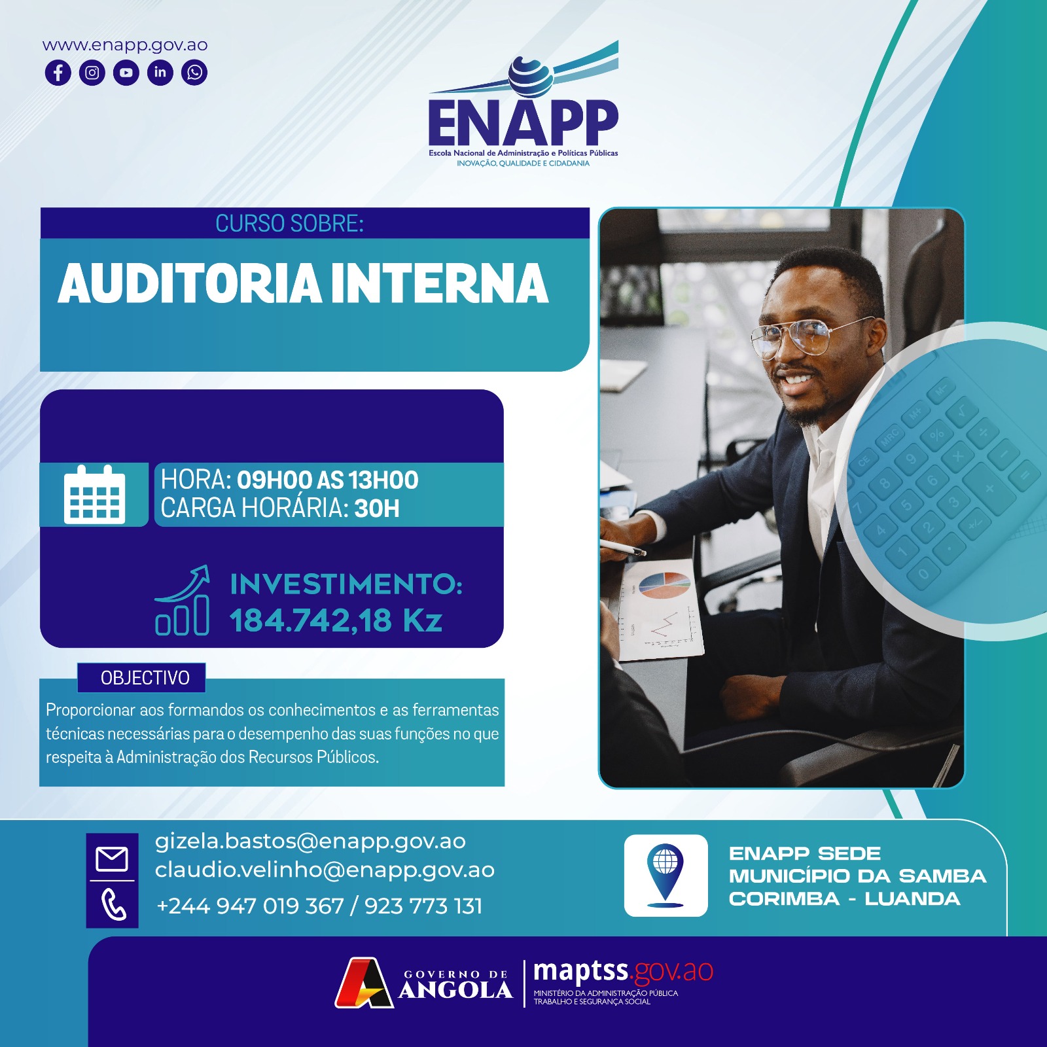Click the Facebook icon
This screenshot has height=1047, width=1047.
point(58,72)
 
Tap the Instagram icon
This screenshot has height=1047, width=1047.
point(92,72)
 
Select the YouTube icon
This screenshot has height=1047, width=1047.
point(126,72)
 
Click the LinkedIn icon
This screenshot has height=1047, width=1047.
point(160,72)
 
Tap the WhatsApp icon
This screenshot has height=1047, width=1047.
point(194,72)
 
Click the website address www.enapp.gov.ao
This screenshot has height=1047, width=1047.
point(125,45)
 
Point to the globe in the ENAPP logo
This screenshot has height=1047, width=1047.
point(531,73)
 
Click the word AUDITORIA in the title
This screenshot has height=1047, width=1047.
point(190,284)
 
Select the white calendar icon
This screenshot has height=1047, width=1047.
point(94,495)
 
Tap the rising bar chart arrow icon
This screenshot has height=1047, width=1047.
point(183,600)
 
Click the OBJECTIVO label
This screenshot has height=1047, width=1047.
point(145,678)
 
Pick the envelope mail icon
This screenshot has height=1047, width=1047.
point(112,859)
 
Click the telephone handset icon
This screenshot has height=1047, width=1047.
point(113,905)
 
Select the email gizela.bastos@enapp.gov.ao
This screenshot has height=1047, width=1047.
point(310,842)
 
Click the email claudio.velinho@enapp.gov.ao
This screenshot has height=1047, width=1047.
point(325,870)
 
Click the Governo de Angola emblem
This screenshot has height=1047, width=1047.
point(364,983)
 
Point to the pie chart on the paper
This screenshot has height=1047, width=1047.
point(665,585)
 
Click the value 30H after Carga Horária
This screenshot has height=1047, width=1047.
point(377,508)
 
